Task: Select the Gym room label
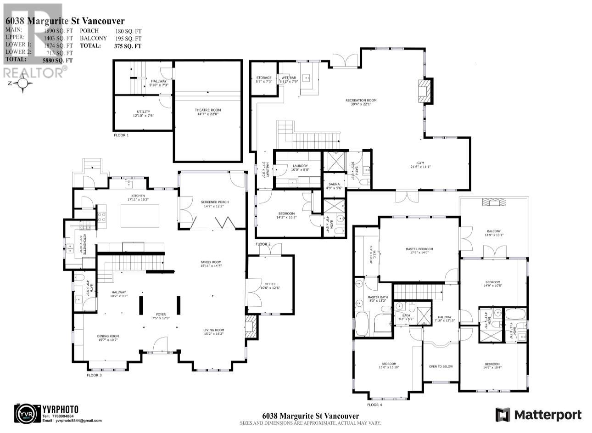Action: [420, 163]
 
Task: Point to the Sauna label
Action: [334, 184]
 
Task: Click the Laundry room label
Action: [300, 166]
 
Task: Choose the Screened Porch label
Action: [214, 202]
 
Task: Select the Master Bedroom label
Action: [419, 249]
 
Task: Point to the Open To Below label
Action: [441, 366]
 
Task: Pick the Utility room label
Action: [143, 112]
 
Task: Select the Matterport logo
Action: [538, 415]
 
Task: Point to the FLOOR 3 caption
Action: [94, 375]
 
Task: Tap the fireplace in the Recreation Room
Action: [425, 91]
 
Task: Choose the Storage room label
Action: [264, 78]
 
